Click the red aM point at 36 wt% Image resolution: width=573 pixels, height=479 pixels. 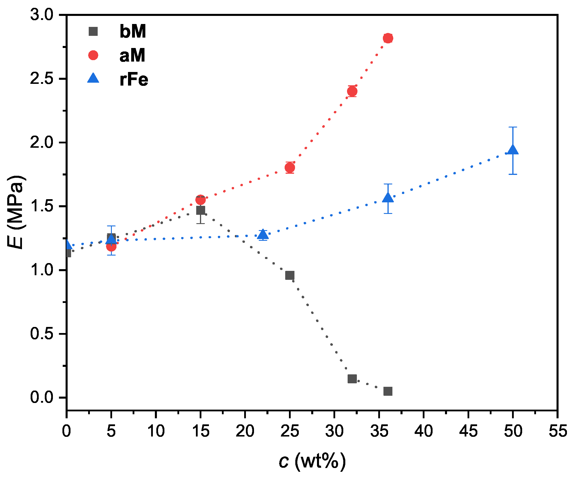[388, 38]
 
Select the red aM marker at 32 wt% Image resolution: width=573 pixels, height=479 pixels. [352, 91]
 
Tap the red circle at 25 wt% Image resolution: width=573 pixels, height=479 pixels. [290, 168]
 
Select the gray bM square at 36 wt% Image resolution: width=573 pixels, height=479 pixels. [388, 391]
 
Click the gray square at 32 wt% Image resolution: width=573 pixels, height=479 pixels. [352, 379]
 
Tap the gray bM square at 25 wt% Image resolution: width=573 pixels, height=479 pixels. [290, 275]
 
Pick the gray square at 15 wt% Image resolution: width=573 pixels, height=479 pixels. [201, 210]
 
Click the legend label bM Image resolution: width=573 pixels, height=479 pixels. [133, 31]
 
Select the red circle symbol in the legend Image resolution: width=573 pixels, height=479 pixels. [93, 55]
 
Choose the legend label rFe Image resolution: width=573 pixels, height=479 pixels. [134, 79]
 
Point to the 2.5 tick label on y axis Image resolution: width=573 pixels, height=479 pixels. [42, 79]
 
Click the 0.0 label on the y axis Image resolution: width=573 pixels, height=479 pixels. [42, 397]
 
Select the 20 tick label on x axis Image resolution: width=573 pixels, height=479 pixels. [245, 431]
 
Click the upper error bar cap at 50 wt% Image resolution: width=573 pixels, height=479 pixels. [513, 127]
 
